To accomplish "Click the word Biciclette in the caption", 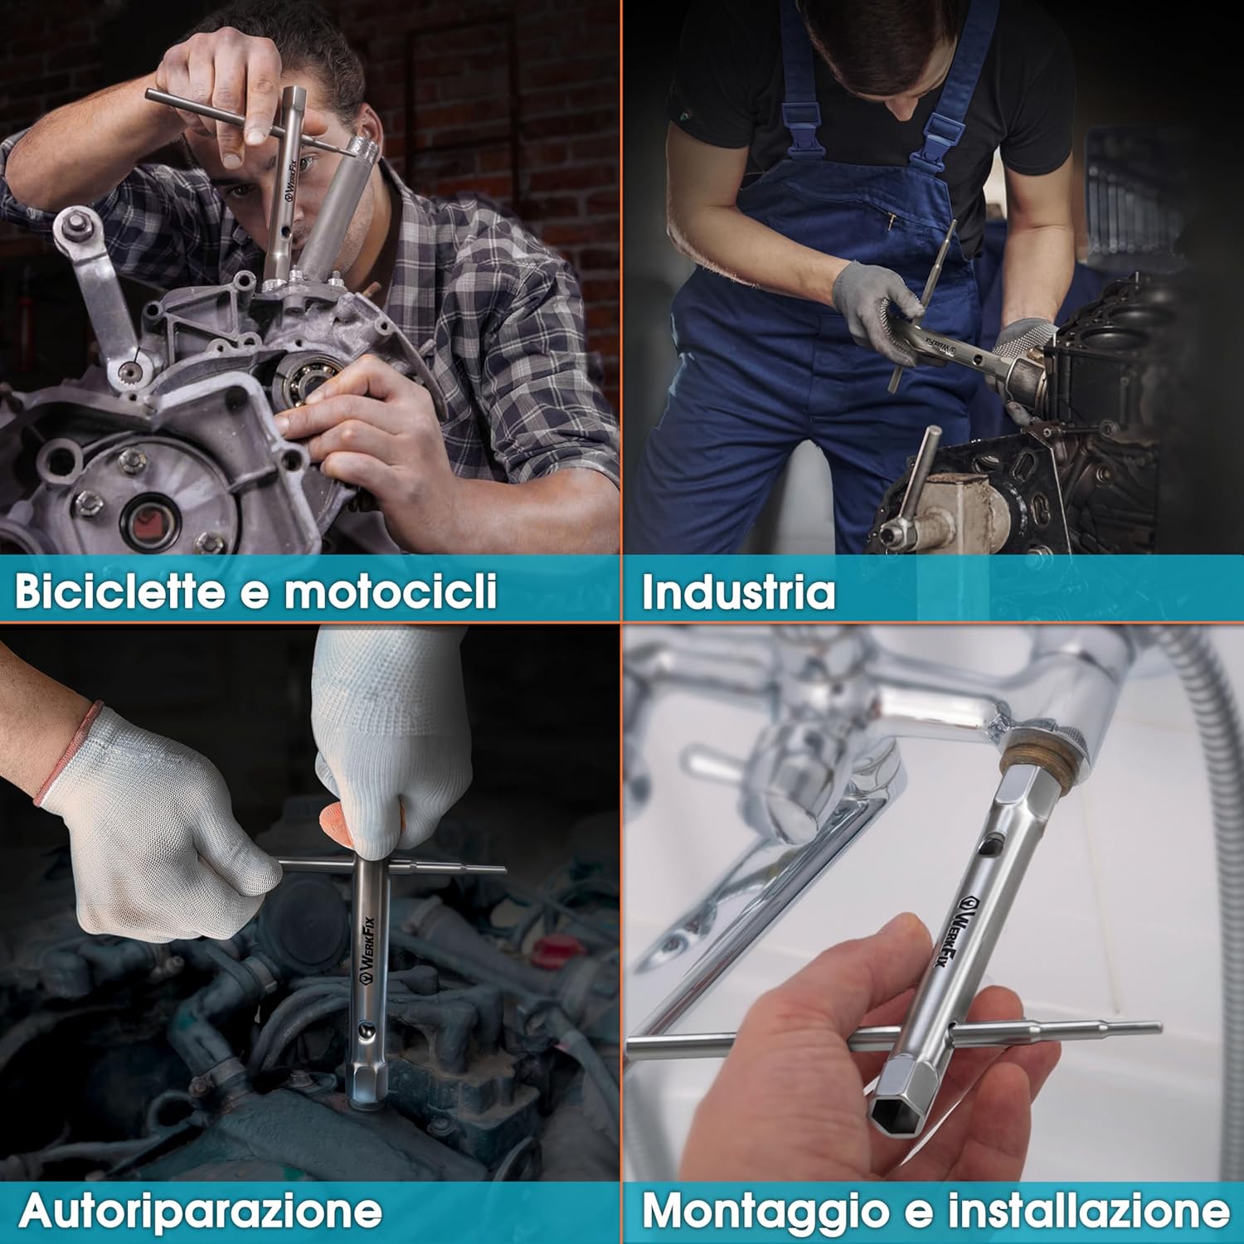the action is (119, 590).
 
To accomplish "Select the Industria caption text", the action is (739, 591).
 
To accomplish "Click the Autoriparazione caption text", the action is (201, 1212).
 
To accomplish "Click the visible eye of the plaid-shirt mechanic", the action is (303, 163).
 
